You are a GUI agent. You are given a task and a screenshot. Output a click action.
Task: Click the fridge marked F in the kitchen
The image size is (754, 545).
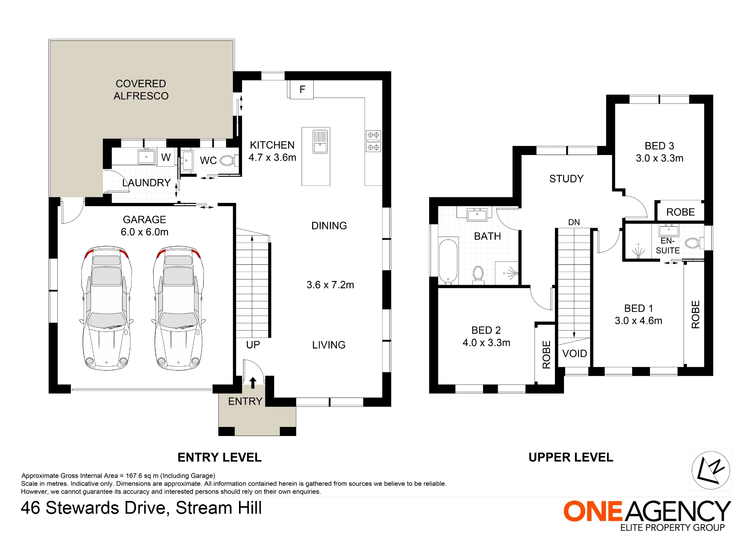tap(302, 89)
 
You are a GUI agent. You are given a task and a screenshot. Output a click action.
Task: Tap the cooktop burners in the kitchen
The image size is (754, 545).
tap(373, 141)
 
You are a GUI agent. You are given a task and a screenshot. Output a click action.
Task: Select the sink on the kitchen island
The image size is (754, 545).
tap(320, 142)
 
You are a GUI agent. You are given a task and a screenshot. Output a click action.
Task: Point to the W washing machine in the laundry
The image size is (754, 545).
tap(166, 157)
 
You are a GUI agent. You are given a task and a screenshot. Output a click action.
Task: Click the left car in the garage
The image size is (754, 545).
tap(106, 308)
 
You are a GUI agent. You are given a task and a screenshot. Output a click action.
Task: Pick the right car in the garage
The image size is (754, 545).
tap(178, 308)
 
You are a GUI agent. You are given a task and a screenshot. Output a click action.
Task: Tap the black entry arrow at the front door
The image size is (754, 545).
tap(253, 383)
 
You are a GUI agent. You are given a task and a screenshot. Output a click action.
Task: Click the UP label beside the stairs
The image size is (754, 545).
tap(253, 345)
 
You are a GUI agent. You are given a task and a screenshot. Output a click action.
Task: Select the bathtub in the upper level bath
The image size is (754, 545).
tap(448, 261)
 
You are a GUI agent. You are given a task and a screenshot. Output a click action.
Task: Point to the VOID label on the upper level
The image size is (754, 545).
tap(575, 353)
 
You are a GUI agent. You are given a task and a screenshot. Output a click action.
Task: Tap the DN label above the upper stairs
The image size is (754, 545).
tap(574, 222)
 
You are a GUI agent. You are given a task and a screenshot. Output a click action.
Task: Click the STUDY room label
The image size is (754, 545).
tap(566, 179)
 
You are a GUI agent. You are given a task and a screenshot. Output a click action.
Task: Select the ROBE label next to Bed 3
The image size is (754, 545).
tap(680, 212)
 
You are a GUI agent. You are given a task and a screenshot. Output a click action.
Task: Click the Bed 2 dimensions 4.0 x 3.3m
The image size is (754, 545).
tap(486, 342)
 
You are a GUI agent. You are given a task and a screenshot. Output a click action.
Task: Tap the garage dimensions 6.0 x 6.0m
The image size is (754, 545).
tap(144, 232)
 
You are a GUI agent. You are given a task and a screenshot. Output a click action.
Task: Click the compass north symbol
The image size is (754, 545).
tap(711, 470)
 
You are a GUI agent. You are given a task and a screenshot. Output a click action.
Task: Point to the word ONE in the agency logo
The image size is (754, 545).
tap(593, 511)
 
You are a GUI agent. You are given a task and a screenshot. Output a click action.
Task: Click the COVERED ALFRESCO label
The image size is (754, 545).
tap(141, 90)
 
